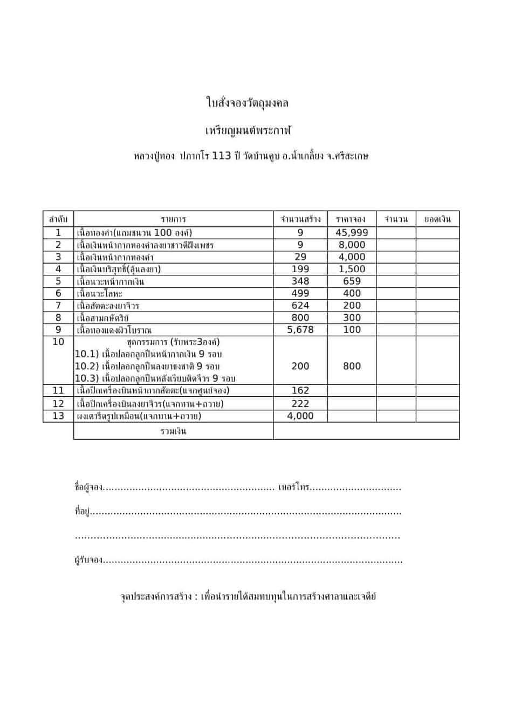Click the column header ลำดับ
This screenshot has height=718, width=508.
coord(58,219)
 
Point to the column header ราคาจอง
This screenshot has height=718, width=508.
coord(351,219)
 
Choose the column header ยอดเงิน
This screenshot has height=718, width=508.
coord(437,219)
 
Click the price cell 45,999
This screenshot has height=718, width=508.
coord(352,232)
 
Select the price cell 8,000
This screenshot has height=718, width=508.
coord(352,245)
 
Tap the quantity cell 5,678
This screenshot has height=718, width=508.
coord(300,329)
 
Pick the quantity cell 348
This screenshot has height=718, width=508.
coord(300,281)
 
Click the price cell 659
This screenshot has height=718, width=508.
coord(352,281)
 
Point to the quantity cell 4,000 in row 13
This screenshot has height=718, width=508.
coord(300,416)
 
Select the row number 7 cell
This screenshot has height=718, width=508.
coord(58,305)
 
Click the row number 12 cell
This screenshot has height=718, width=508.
coord(58,403)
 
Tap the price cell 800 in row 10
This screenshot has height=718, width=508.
coord(352,366)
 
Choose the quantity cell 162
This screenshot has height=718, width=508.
coord(300,390)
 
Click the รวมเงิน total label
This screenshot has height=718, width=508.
coord(173,431)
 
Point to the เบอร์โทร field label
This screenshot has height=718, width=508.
coord(294,487)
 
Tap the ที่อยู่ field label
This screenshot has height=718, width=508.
coord(81,511)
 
